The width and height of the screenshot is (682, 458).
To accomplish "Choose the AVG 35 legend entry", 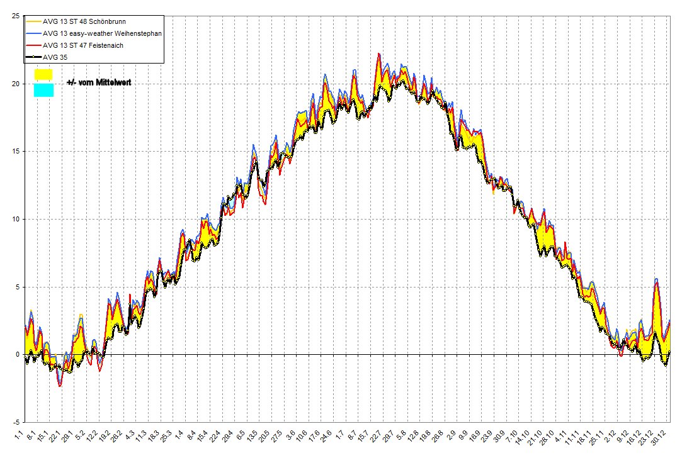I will tap(56, 58).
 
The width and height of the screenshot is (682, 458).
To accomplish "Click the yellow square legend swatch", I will tap(43, 74).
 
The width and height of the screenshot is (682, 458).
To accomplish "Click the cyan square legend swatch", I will tap(43, 91).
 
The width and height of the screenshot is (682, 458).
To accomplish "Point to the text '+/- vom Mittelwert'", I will tap(98, 82).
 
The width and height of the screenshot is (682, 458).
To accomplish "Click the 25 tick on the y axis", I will tap(15, 16).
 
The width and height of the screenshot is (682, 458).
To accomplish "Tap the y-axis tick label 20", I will tap(15, 84).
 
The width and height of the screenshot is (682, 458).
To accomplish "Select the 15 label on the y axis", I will tap(15, 152).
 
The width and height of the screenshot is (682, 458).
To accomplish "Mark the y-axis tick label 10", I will tap(15, 219).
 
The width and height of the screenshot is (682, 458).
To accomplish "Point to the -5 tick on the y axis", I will tap(15, 422).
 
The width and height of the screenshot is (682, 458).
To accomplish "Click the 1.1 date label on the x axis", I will tap(21, 435).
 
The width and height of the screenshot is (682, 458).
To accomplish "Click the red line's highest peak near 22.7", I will tap(378, 54).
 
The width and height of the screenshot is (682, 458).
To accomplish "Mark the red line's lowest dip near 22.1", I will tap(60, 386).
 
